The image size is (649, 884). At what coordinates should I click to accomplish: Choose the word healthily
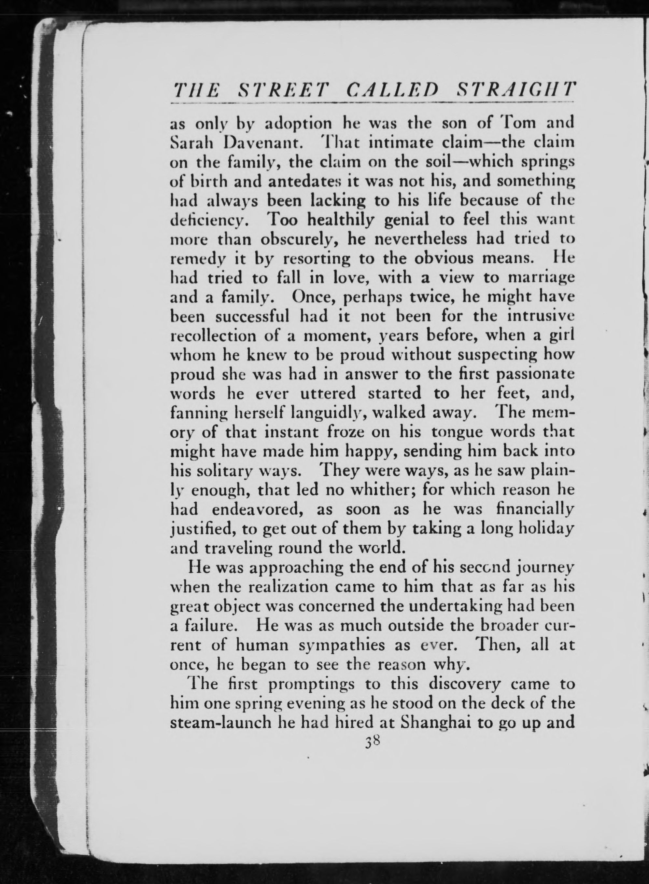pyautogui.click(x=340, y=220)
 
